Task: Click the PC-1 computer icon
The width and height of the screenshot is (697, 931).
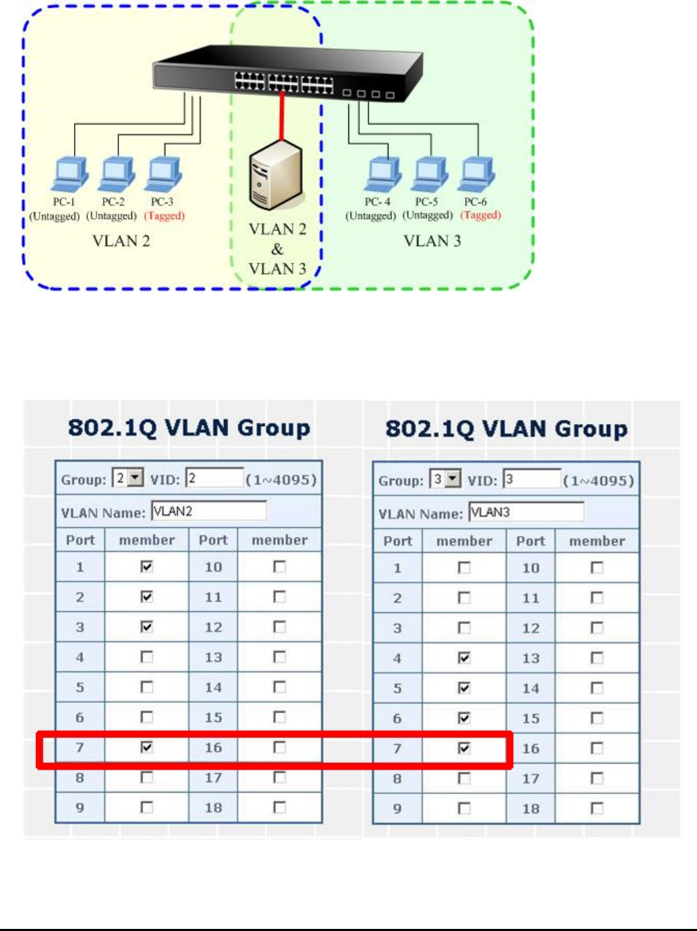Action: click(x=69, y=174)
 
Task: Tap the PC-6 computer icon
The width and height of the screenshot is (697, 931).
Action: click(x=476, y=174)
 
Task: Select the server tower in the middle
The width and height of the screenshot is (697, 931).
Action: click(x=275, y=174)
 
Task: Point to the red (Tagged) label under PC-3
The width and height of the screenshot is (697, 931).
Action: click(x=165, y=216)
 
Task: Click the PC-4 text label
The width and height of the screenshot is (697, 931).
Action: click(x=378, y=202)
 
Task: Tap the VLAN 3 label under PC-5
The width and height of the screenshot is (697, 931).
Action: click(x=432, y=241)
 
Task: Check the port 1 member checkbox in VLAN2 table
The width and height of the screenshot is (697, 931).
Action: click(x=147, y=566)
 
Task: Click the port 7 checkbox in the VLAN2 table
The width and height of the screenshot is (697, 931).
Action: click(x=147, y=747)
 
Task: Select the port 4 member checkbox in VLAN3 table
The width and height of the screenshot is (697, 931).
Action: click(x=464, y=658)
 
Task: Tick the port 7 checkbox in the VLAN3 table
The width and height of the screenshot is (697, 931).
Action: click(x=464, y=748)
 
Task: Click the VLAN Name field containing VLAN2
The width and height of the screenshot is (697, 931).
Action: click(x=208, y=511)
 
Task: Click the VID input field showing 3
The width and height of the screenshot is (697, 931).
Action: click(x=531, y=479)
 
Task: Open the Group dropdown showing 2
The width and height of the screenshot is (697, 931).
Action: click(x=129, y=478)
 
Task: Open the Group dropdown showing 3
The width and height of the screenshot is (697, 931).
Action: click(x=446, y=479)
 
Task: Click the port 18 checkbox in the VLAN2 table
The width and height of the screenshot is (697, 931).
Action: click(x=279, y=807)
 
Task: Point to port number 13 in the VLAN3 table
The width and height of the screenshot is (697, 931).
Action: click(x=530, y=658)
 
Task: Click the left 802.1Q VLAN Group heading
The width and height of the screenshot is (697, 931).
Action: click(x=189, y=427)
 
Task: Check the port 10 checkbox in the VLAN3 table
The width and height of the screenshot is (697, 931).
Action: click(x=597, y=568)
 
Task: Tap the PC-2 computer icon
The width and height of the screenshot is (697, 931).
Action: click(x=116, y=174)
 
